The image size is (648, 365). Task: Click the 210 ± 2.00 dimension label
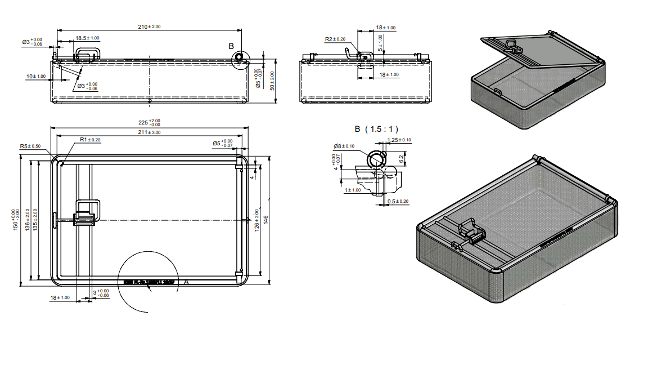tap(149, 26)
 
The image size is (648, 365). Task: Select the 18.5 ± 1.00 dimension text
tap(87, 38)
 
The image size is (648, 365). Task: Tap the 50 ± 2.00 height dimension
tap(272, 81)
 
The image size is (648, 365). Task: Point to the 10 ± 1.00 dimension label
tap(37, 76)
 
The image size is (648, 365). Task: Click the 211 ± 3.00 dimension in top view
tap(149, 132)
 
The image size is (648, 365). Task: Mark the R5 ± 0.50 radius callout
tap(30, 146)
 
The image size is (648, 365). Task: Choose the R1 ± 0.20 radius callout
tap(90, 139)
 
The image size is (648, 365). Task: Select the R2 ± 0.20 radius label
tap(335, 39)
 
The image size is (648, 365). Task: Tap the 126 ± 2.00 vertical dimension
tap(257, 219)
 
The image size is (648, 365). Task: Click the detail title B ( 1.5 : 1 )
tap(376, 128)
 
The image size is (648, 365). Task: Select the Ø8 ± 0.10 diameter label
tap(344, 146)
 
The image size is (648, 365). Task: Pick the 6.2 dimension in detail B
tap(401, 159)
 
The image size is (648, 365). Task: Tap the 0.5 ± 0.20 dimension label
tap(398, 201)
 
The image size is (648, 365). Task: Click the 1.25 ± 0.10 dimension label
tap(399, 140)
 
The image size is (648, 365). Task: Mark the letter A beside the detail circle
tap(186, 283)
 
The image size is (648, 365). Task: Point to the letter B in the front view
tap(231, 45)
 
